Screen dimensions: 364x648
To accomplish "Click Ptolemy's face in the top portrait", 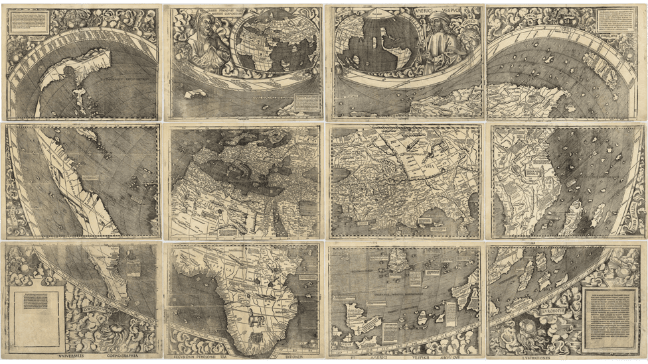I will tap(202, 28).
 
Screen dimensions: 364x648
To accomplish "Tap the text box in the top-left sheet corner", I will tap(29, 23).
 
